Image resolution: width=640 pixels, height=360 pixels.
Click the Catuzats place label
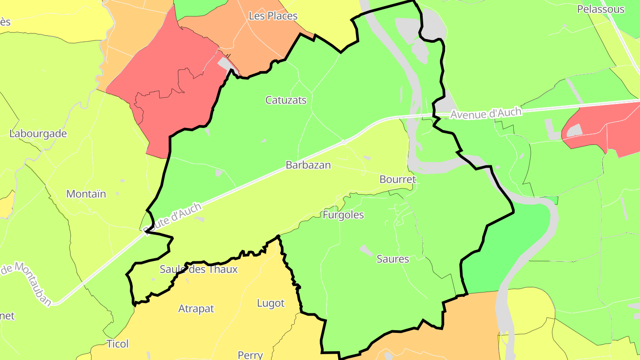coord(286,100)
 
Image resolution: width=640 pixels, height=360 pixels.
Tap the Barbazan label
coord(308,165)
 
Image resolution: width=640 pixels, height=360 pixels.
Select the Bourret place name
coord(398,180)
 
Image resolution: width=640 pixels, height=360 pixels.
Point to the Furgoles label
coord(343,215)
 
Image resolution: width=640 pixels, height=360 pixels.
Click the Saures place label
coord(393,259)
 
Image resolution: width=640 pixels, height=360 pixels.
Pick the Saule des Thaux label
coord(199,269)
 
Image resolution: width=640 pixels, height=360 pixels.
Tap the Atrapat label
coord(196,308)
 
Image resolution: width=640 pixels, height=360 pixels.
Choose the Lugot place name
coord(271,303)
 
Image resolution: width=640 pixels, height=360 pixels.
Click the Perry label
coord(250,355)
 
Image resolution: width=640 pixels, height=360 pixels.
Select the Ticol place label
coord(118,344)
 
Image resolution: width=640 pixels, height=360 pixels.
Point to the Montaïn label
coord(86,194)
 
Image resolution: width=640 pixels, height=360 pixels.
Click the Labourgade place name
coord(38,134)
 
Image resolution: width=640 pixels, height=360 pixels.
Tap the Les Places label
coord(273,16)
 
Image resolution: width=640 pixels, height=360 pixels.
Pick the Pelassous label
coord(600,9)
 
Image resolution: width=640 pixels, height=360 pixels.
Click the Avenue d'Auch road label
coord(485,113)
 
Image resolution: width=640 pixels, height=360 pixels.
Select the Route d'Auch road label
coord(173,217)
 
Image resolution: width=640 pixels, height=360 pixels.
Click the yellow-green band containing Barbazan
coord(267,200)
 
